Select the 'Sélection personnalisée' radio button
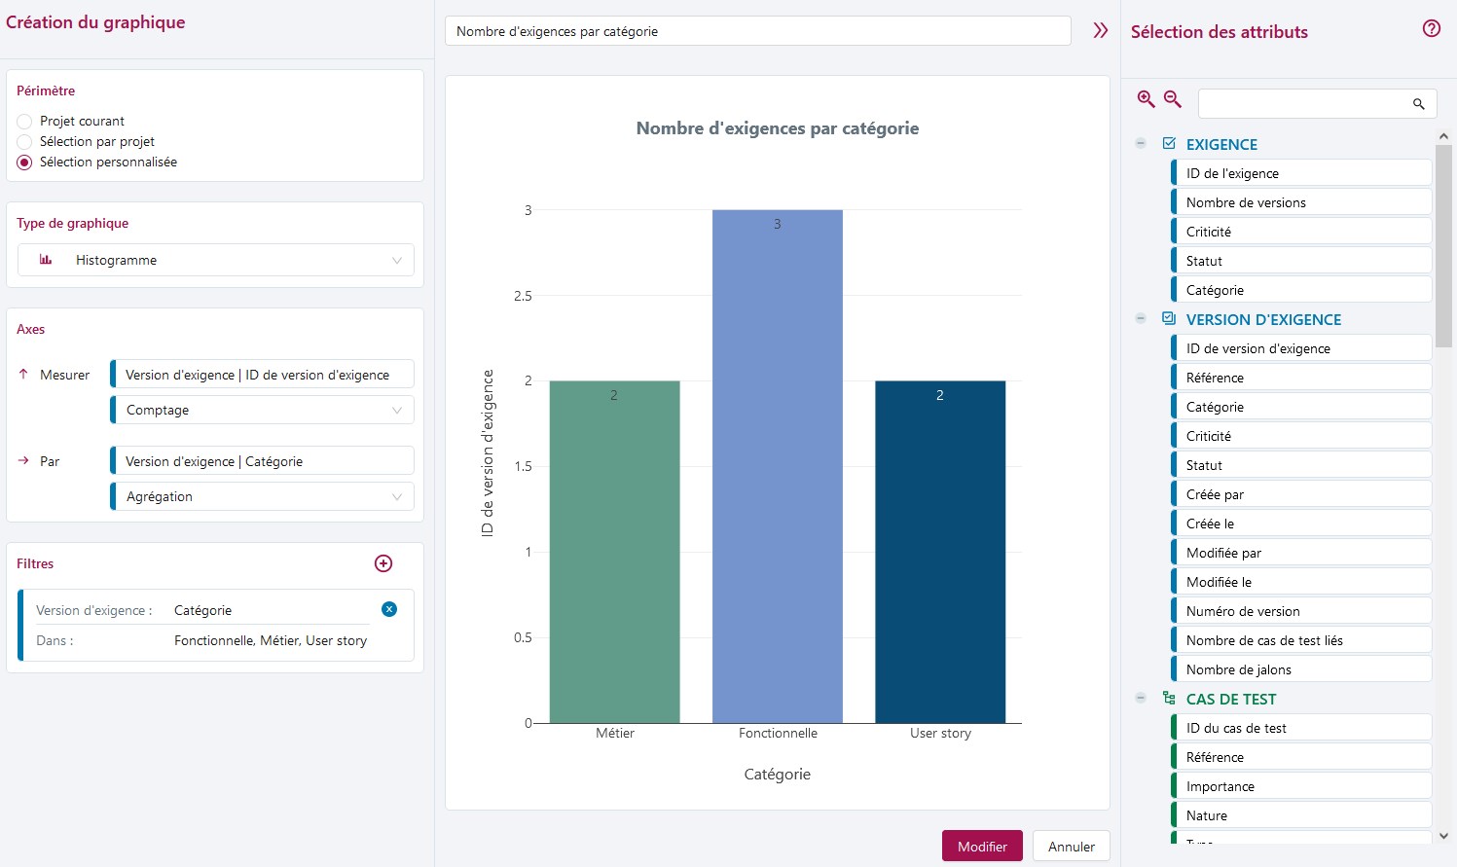coord(24,163)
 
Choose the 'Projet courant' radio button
coord(24,122)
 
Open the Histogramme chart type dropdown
coord(216,260)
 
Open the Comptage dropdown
coord(263,410)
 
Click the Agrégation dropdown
coord(263,496)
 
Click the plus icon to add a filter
coord(383,563)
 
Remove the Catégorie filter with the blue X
coord(389,609)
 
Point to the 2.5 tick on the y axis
coord(523,296)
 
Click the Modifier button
coord(981,847)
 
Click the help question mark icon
coord(1431,29)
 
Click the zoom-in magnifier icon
coord(1146,99)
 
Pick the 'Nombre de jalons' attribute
coord(1301,669)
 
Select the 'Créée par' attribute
coord(1301,494)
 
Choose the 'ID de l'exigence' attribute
coord(1301,173)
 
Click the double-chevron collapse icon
coord(1101,30)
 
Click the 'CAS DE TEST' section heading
coord(1230,699)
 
